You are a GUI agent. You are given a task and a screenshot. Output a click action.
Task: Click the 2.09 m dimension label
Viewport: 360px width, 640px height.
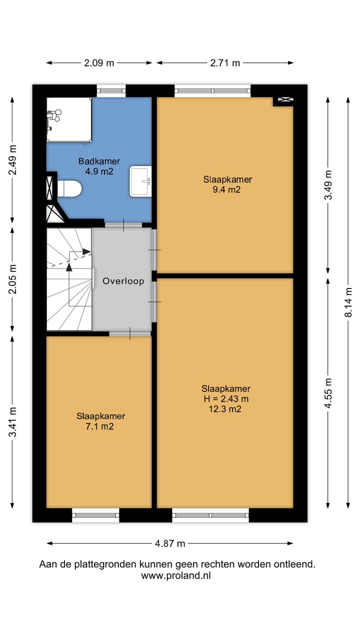click(x=99, y=63)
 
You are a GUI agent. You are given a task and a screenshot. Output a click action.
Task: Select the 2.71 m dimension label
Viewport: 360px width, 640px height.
click(x=225, y=63)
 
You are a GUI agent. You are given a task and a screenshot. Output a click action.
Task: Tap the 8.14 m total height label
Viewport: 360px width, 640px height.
click(x=348, y=302)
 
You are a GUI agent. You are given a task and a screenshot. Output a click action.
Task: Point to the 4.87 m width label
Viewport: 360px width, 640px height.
click(x=170, y=543)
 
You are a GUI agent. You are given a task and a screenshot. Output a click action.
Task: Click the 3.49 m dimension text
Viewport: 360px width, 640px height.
click(x=328, y=185)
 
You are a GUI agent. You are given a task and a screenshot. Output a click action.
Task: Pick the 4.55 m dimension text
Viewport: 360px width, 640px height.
click(x=328, y=393)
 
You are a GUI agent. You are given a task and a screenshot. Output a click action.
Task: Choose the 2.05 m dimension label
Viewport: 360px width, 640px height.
click(x=12, y=279)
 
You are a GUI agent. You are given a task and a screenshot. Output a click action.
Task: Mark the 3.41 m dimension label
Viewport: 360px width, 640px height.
click(x=12, y=422)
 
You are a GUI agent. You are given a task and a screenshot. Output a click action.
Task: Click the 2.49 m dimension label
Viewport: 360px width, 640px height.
click(x=12, y=160)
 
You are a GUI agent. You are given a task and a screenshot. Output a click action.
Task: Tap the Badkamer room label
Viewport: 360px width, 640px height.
click(x=99, y=161)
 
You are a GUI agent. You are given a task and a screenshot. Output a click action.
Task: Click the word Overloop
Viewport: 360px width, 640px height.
click(x=123, y=281)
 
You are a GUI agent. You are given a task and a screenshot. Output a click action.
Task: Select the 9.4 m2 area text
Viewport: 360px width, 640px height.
click(x=226, y=189)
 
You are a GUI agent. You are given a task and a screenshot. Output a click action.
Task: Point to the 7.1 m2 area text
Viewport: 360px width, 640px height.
click(x=99, y=426)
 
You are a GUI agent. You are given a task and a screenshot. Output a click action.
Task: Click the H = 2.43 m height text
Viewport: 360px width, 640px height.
click(x=226, y=398)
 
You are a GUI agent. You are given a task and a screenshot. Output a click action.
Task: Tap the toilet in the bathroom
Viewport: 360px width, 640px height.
click(x=69, y=188)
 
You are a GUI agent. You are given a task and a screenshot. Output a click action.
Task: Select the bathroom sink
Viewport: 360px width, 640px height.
click(x=140, y=181)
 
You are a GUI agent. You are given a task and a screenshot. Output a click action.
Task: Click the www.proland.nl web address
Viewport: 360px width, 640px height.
click(x=176, y=575)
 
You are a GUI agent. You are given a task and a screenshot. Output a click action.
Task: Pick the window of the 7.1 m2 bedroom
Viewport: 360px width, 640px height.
click(x=95, y=515)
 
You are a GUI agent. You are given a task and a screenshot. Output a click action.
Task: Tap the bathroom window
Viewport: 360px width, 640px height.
click(x=111, y=91)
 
